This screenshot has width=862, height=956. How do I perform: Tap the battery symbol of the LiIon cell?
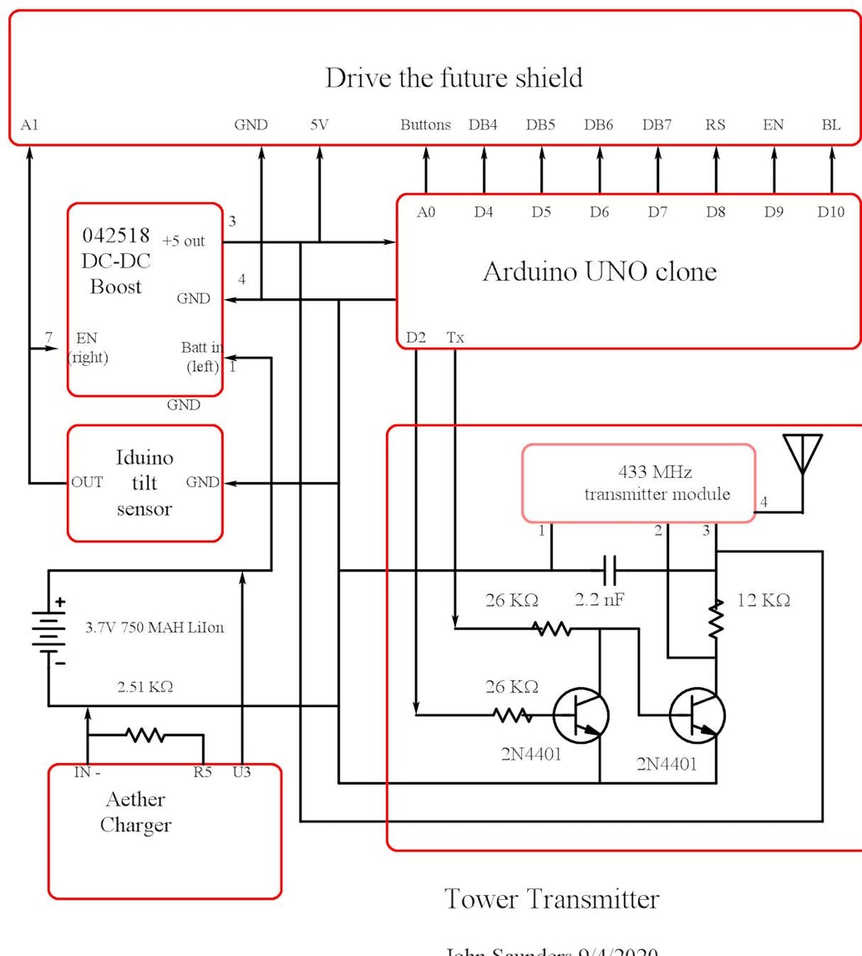49,628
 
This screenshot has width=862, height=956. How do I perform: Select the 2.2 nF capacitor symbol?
610,571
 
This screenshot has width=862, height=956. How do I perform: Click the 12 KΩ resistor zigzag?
716,619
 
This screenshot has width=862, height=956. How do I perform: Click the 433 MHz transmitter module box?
638,483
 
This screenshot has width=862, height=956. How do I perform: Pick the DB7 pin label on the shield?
657,125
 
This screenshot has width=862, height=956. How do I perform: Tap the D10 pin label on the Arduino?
830,212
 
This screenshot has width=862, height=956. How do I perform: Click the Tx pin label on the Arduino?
455,338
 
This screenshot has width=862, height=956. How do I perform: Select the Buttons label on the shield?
425,125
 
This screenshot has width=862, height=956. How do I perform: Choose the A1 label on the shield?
30,125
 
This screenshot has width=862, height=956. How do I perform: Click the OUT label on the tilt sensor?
87,482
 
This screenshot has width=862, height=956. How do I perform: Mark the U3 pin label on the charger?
241,772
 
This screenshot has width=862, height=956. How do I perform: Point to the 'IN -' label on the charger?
87,772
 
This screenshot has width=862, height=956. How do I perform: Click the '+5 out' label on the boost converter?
184,242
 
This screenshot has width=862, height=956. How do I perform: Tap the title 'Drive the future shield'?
454,79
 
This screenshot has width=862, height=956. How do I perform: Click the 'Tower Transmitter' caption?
551,899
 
